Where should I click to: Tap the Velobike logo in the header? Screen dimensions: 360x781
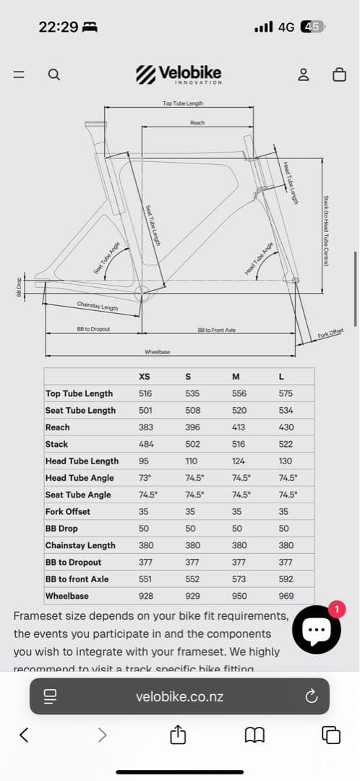[x=179, y=74]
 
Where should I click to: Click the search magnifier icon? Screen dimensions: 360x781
[x=53, y=74]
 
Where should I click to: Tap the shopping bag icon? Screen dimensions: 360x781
[x=338, y=74]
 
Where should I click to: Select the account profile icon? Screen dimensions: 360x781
[x=304, y=74]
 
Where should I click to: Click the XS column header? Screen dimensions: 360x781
[x=145, y=376]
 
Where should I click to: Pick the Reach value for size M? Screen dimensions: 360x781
[x=239, y=427]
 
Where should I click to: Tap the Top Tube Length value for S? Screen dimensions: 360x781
[x=192, y=393]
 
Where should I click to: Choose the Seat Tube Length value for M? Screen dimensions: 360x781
[x=239, y=410]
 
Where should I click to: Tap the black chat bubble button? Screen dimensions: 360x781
[x=317, y=630]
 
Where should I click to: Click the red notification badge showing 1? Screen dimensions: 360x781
[x=335, y=609]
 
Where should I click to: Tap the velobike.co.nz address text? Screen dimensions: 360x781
[x=179, y=697]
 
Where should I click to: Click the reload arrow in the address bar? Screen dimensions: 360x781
[x=312, y=696]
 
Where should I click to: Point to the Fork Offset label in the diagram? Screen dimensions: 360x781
[x=330, y=334]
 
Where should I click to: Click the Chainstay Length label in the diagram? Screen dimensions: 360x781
[x=98, y=306]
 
